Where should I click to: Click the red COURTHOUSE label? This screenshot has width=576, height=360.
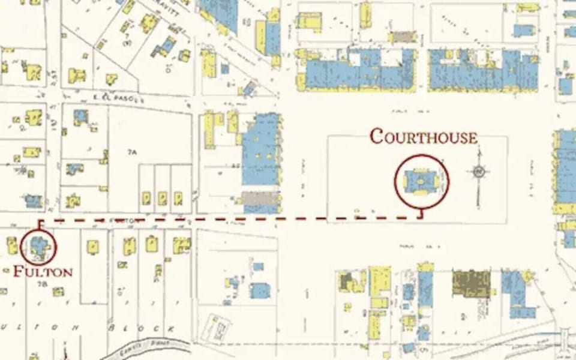(424, 137)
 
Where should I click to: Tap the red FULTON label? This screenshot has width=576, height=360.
(43, 271)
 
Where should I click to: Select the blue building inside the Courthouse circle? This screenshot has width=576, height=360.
(421, 180)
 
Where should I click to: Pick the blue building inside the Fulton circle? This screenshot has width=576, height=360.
(38, 246)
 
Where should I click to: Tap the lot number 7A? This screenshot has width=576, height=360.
(132, 152)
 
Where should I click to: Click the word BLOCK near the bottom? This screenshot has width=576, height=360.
(142, 329)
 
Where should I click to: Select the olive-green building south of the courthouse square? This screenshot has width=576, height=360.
(471, 283)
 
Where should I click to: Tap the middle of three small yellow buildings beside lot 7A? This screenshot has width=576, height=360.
(162, 197)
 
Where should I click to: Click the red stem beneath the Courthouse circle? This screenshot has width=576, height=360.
(421, 213)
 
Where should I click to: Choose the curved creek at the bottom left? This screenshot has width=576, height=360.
(144, 346)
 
